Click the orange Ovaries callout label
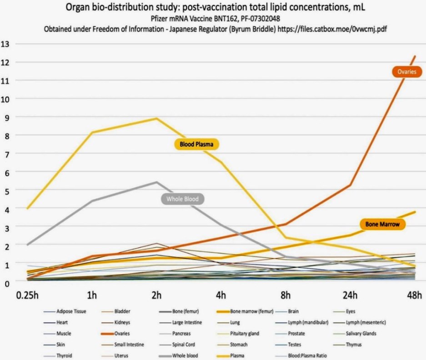[x=407, y=72]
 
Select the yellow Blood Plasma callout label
[x=196, y=145]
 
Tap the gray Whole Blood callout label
[x=182, y=199]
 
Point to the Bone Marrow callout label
[x=382, y=224]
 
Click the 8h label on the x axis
[x=286, y=295]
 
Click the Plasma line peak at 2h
[x=157, y=119]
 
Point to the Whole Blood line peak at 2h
[x=157, y=182]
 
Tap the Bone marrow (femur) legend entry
[x=251, y=312]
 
